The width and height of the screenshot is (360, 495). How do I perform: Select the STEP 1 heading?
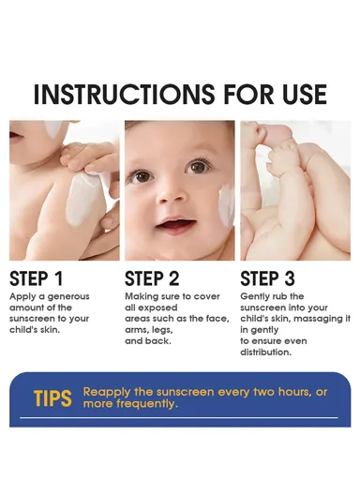(37, 277)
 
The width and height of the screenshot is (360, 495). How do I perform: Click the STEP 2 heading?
(152, 277)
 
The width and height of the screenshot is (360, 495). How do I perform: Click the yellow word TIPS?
(52, 397)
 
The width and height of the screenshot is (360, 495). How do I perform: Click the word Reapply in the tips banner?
(108, 391)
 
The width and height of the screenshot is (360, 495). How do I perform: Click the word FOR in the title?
(233, 95)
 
